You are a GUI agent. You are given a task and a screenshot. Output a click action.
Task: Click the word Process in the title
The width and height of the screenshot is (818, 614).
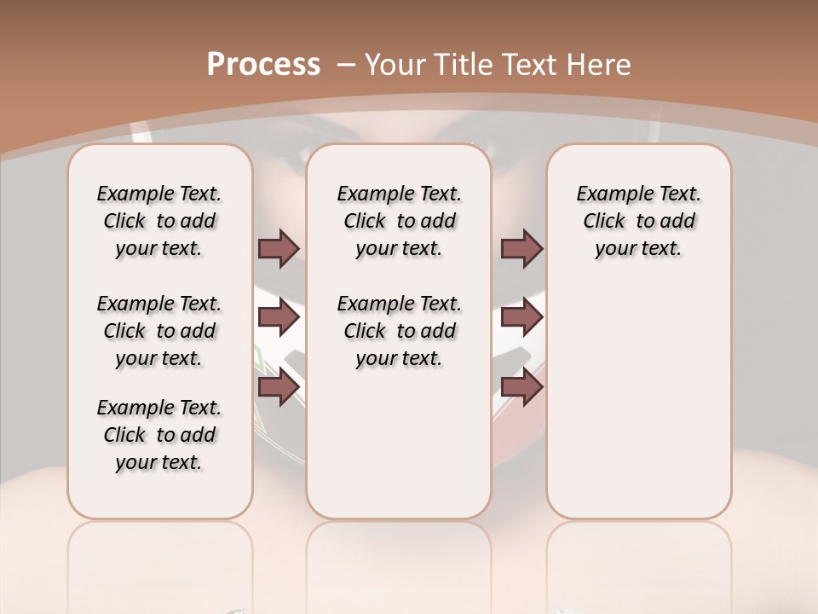[263, 65]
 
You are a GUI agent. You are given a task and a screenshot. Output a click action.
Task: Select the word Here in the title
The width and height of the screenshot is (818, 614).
[600, 65]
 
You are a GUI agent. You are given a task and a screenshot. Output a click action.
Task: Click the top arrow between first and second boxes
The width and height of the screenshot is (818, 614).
[279, 248]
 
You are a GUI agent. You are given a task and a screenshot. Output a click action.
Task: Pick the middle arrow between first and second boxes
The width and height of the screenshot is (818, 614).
[279, 318]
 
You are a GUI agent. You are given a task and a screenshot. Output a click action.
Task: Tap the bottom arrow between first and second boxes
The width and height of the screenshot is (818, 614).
[279, 387]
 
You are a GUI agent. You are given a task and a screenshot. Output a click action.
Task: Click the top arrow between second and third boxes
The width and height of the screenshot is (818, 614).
[521, 248]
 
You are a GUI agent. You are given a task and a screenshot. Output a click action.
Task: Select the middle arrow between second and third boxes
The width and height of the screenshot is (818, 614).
[521, 318]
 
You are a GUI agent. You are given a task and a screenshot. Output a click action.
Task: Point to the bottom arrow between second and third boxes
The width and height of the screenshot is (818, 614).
[521, 387]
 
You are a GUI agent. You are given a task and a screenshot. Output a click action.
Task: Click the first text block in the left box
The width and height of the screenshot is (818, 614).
[159, 221]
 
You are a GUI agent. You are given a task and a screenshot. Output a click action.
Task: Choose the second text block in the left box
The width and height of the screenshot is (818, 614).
[159, 331]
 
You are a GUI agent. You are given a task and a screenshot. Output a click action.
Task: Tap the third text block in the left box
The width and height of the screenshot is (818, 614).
[159, 435]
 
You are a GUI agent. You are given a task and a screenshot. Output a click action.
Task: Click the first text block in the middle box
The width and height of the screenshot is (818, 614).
[399, 221]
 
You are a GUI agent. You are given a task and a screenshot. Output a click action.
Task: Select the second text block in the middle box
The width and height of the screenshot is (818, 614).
[399, 331]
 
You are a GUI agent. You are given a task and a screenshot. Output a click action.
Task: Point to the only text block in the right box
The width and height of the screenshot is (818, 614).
[638, 221]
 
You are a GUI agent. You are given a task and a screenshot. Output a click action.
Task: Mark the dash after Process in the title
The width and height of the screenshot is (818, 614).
[346, 65]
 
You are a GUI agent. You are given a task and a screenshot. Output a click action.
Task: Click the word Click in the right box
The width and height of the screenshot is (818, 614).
[604, 222]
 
